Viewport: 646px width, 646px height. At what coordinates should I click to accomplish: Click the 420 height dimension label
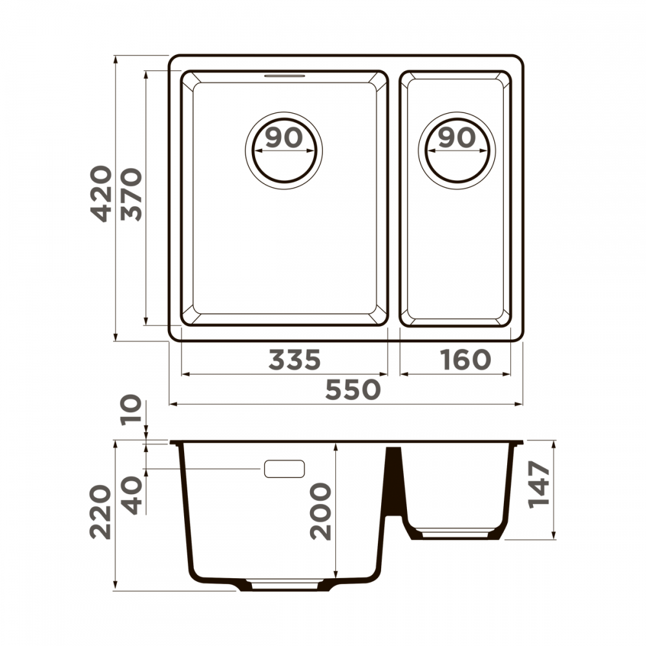click(x=101, y=194)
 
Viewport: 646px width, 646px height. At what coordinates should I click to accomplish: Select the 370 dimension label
click(x=131, y=194)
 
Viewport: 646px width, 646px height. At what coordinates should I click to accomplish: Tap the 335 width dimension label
click(x=294, y=359)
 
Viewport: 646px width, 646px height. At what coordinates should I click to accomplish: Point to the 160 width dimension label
click(x=465, y=359)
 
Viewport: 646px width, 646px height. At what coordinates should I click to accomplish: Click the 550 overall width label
click(x=353, y=390)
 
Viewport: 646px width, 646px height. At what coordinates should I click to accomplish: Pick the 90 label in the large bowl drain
click(x=284, y=138)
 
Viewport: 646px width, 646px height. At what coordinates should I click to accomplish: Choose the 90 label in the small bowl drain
click(x=457, y=138)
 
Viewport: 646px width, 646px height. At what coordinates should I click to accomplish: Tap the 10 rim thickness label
click(x=131, y=410)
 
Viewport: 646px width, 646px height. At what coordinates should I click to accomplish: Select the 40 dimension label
click(x=132, y=495)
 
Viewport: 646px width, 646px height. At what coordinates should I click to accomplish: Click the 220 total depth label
click(x=101, y=512)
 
